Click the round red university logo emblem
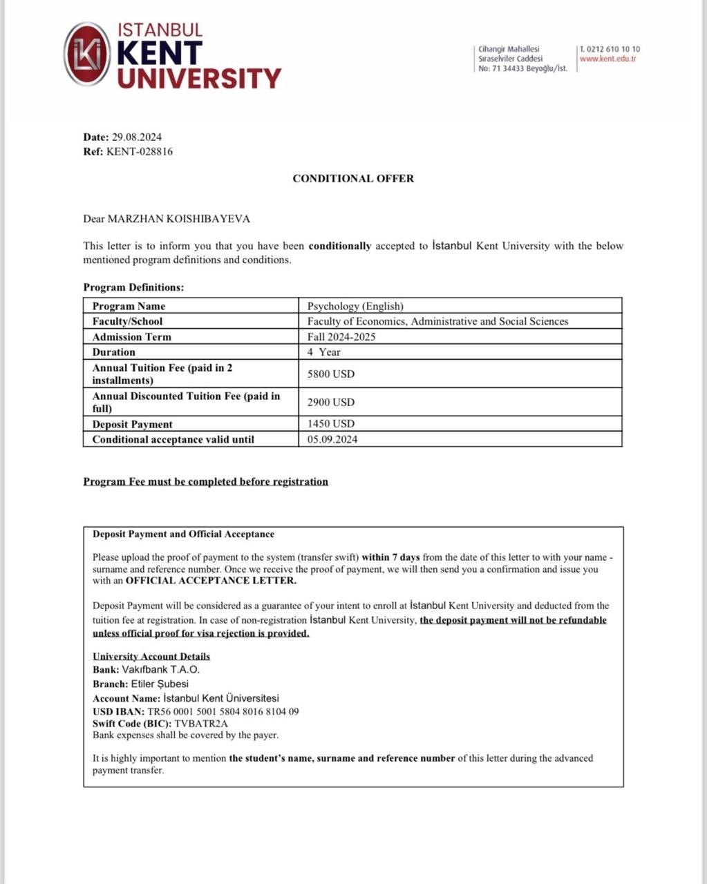pos(87,54)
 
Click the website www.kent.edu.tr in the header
pos(607,59)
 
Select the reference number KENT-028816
pos(140,151)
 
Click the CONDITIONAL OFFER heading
pos(353,178)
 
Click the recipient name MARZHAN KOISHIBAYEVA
pos(179,219)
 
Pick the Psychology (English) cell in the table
pos(355,306)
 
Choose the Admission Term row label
pos(131,337)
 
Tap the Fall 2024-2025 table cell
pos(341,337)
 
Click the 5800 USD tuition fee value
pos(330,374)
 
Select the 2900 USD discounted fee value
pos(330,402)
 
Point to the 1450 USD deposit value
pos(330,424)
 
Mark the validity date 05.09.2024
pos(332,439)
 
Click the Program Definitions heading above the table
pos(133,287)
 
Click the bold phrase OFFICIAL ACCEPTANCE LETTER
pos(211,581)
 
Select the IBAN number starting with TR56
pos(223,711)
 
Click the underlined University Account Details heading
pos(151,657)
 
